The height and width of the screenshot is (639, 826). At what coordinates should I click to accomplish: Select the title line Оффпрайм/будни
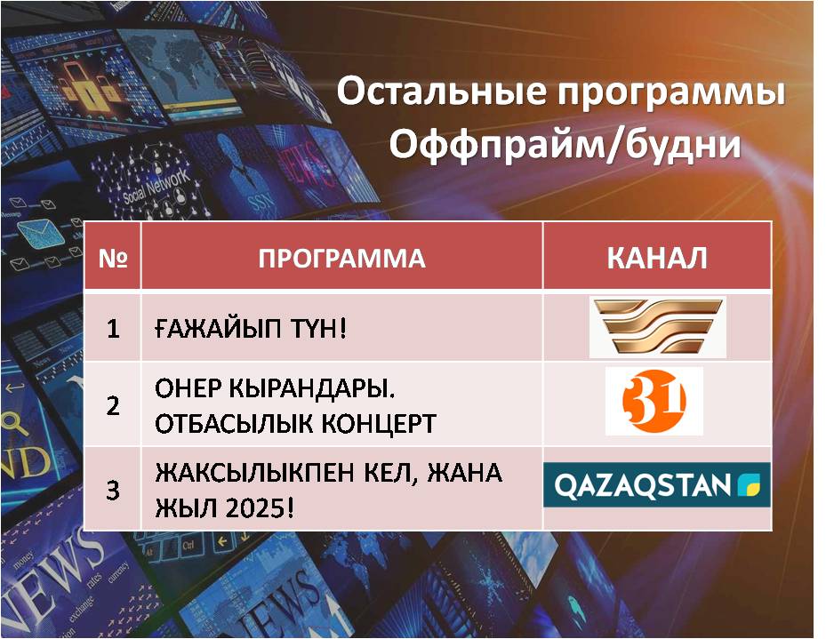(x=565, y=144)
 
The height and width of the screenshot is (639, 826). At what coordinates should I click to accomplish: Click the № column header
(x=113, y=258)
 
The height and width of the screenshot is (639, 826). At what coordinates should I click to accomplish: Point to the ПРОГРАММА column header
(x=342, y=259)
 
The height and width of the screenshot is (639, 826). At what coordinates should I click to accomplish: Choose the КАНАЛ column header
(x=657, y=258)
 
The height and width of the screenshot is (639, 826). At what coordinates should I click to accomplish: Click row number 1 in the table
(x=113, y=329)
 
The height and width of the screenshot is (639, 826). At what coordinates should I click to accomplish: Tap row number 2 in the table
(x=113, y=406)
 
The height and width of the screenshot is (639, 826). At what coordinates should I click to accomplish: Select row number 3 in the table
(x=113, y=490)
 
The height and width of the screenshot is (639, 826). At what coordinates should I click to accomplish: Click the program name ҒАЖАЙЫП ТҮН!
(x=251, y=329)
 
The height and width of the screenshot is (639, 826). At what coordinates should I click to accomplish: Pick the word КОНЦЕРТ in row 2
(x=378, y=424)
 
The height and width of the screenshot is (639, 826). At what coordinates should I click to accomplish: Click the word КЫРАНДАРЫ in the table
(x=312, y=389)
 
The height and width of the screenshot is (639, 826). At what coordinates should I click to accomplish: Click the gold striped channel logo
(x=657, y=327)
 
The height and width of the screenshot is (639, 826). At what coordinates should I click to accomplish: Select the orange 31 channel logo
(x=654, y=401)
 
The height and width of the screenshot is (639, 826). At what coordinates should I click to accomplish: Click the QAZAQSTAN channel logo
(x=657, y=484)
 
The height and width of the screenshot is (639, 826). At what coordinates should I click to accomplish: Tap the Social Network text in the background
(x=156, y=186)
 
